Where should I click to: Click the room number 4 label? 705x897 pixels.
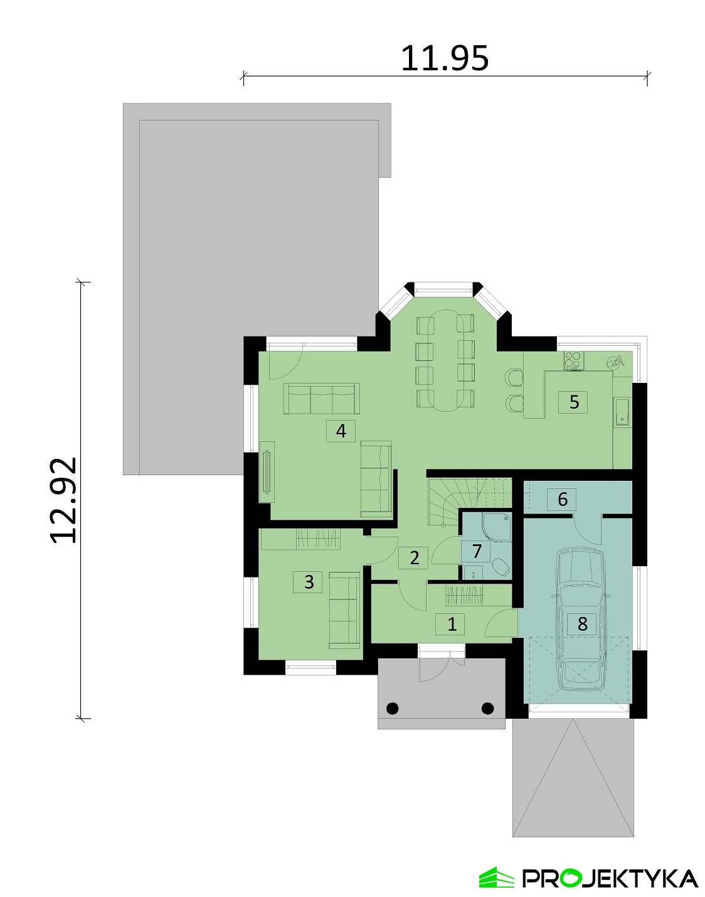(x=341, y=431)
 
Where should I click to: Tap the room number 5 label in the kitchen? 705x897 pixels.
(x=574, y=401)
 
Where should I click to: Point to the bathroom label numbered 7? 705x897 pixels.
(x=477, y=551)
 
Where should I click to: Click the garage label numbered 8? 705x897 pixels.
(x=582, y=624)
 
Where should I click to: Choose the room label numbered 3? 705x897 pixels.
(x=309, y=582)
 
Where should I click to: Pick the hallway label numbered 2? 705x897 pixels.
(x=414, y=557)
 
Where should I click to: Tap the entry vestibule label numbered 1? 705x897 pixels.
(x=452, y=624)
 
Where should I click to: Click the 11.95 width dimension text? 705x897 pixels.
(x=444, y=58)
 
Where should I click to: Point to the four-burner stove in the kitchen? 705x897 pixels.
(x=573, y=360)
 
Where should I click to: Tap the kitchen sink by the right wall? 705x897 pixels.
(x=622, y=412)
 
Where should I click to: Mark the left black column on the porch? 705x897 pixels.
(x=393, y=708)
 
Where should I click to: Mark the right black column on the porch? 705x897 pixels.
(x=487, y=708)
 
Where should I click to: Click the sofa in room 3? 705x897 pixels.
(x=344, y=610)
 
